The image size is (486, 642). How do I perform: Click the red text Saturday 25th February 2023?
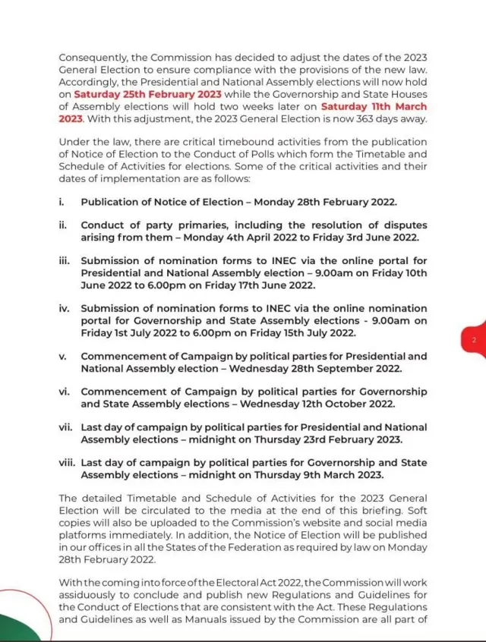coord(147,94)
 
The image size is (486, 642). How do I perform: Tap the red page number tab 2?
coord(474,341)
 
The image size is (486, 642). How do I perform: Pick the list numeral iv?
coord(64,308)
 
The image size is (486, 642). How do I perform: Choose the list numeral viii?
coord(66,463)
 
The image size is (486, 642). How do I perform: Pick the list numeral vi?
coord(64,392)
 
